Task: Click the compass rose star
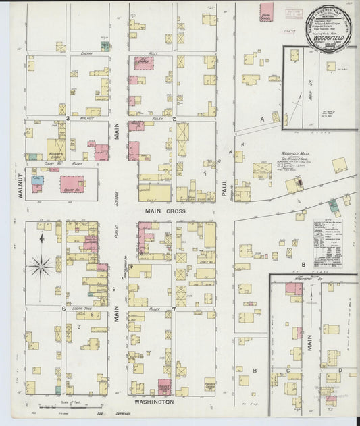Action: tap(41, 265)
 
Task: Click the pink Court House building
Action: tap(72, 182)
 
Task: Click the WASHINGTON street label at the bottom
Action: tap(153, 401)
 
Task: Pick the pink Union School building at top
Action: tap(266, 11)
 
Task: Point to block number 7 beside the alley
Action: tap(174, 309)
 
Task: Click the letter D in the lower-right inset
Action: tap(340, 371)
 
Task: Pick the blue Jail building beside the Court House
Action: tap(37, 180)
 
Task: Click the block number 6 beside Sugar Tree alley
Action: tap(63, 309)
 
